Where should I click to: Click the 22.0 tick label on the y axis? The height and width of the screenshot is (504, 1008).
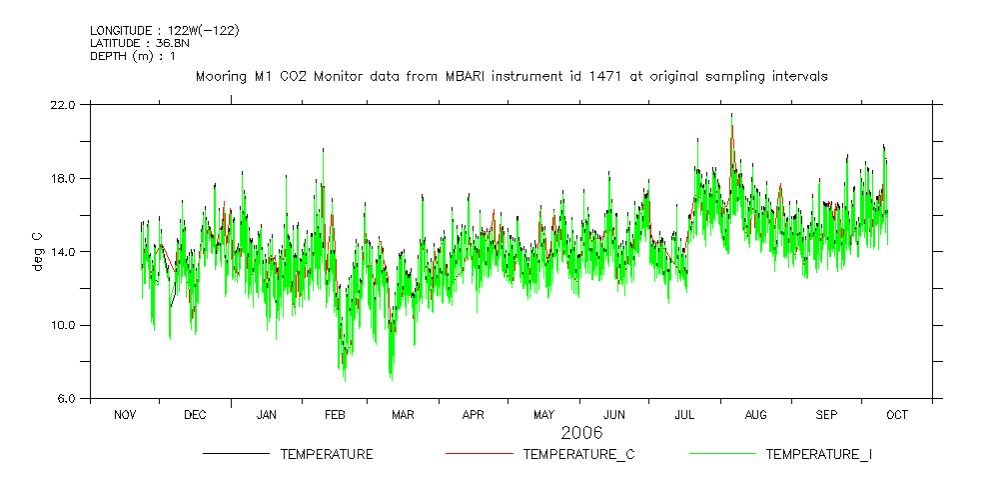tap(62, 104)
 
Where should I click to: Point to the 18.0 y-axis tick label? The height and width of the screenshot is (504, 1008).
tap(62, 178)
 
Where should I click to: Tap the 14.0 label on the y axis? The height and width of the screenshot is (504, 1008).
tap(62, 251)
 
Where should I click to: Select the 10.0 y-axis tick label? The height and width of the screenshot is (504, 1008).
tap(62, 325)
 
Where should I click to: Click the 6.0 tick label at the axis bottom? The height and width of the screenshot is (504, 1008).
tap(66, 398)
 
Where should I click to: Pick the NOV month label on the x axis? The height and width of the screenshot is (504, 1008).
tap(125, 414)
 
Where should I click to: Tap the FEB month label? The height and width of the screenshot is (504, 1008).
tap(334, 414)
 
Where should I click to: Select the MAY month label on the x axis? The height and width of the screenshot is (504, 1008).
tap(543, 414)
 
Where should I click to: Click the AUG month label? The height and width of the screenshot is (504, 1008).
tap(756, 414)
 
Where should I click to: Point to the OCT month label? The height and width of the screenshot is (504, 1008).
tap(896, 414)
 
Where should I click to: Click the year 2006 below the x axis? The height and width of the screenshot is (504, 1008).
tap(581, 433)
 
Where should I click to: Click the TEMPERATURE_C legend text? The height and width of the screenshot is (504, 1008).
tap(578, 455)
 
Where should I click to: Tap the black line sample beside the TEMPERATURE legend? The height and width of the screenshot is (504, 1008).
tap(236, 454)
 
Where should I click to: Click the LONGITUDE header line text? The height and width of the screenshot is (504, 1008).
tap(164, 30)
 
